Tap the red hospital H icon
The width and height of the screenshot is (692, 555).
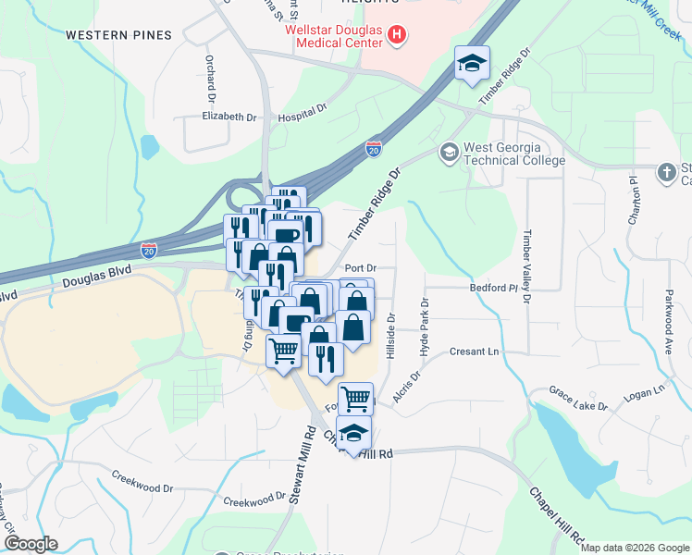[397, 36]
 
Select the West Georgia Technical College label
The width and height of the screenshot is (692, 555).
[513, 154]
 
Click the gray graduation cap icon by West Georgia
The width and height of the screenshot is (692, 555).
[449, 153]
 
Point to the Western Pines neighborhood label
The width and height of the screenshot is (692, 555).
[118, 35]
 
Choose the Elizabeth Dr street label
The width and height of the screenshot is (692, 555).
[229, 117]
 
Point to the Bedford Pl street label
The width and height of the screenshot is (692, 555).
[491, 289]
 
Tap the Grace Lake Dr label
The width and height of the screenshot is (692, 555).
[577, 399]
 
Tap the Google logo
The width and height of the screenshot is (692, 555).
[31, 544]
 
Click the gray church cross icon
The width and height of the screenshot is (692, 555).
[665, 173]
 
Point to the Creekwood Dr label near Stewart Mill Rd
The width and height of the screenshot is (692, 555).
[253, 499]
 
